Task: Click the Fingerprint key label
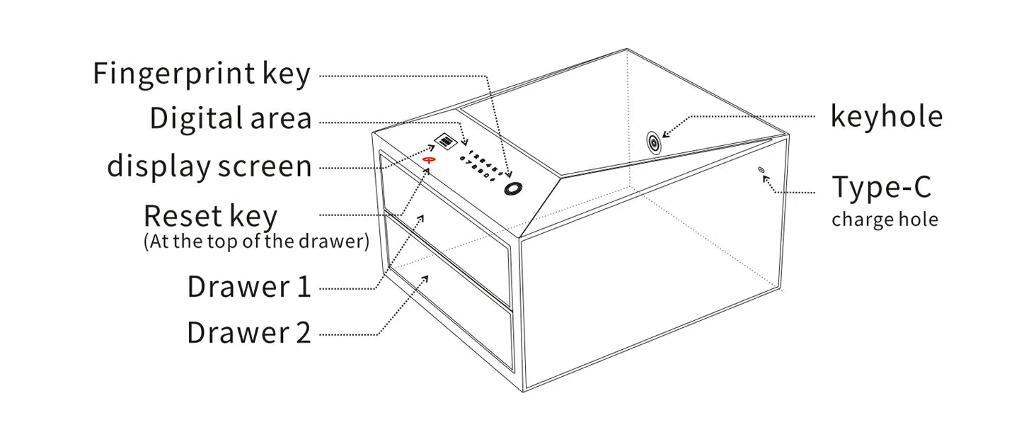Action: pos(201,74)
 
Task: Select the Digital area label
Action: pos(230,118)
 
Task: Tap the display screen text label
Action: pos(209,166)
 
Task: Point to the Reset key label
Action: pos(210,215)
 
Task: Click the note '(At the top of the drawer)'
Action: pos(256,242)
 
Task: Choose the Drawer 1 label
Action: pos(248,287)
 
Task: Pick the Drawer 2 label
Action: pos(248,332)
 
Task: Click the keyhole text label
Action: pos(886,116)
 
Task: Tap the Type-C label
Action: pos(882,188)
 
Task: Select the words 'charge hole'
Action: pos(885,220)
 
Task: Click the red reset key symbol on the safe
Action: pos(428,162)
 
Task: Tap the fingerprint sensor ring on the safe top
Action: pos(513,188)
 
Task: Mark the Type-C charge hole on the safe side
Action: pos(761,170)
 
